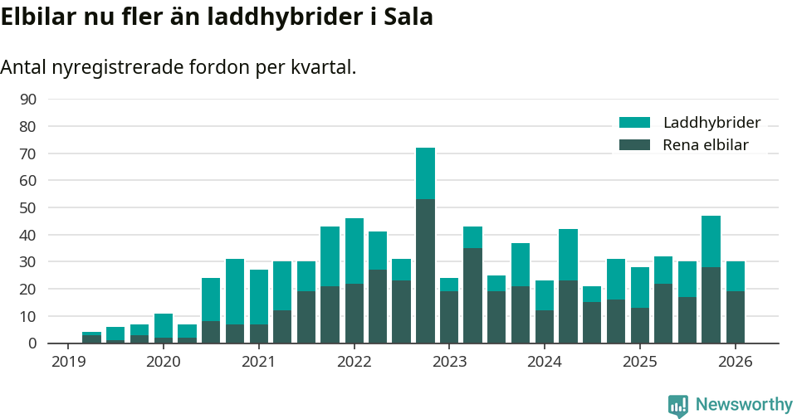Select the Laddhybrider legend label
coord(711,123)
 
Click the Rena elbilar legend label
coord(705,145)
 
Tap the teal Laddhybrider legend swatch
coord(634,123)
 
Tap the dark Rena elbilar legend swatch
coord(634,145)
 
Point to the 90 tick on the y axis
coord(27,100)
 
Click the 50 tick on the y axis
coord(27,207)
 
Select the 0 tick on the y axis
coord(32,343)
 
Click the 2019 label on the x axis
coord(67,363)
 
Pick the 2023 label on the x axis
coord(449,363)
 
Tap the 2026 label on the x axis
coord(735,363)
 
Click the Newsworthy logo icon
coord(678,405)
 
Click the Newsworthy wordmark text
coord(744,405)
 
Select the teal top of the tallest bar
coord(425,173)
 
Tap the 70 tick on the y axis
coord(27,153)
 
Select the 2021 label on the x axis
coord(258,363)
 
